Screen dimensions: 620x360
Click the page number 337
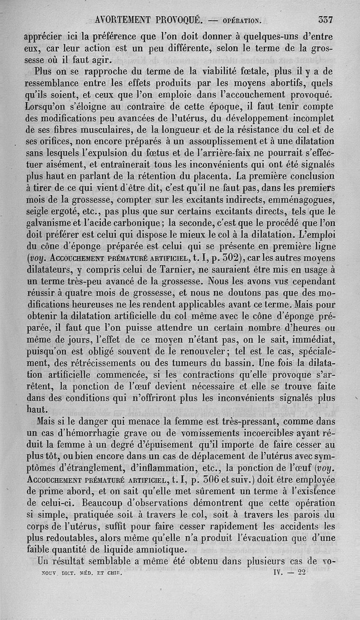[325, 20]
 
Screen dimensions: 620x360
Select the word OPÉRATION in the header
[243, 21]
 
